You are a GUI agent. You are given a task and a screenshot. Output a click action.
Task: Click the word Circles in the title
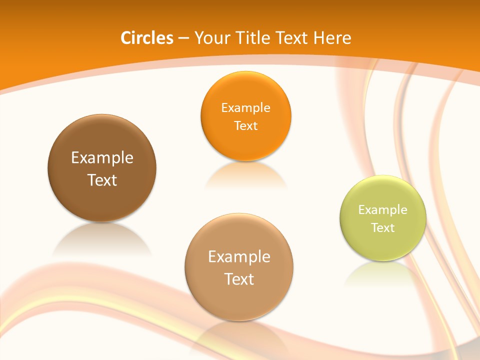pos(146,38)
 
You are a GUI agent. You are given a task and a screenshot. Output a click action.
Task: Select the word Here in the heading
pos(332,38)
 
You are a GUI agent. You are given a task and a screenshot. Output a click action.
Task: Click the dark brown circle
pos(102,145)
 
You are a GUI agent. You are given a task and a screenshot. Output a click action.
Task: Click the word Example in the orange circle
pos(246,108)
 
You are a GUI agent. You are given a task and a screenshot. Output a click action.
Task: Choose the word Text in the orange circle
pos(246,125)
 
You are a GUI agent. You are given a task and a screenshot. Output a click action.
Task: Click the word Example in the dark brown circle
pos(102,158)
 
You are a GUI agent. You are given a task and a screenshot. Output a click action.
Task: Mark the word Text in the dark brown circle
pos(102,180)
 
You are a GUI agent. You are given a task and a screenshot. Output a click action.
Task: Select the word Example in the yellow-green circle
pos(383,210)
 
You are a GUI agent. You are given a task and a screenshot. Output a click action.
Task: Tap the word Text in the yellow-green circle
pos(383,227)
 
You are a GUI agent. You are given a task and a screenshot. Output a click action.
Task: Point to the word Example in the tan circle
pos(239,257)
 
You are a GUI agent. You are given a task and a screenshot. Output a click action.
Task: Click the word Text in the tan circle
pos(239,279)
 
